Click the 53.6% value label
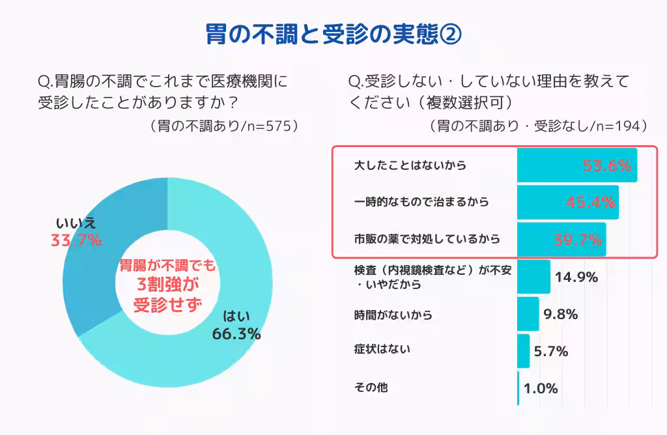click(x=607, y=165)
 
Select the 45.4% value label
click(x=590, y=202)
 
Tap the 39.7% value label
click(x=578, y=240)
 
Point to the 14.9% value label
click(x=576, y=277)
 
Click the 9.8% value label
click(x=561, y=315)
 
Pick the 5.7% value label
click(x=551, y=352)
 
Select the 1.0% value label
click(x=541, y=389)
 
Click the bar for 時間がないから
click(x=528, y=314)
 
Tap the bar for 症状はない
click(x=524, y=351)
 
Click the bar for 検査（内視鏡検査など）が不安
click(x=533, y=277)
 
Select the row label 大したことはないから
click(x=410, y=165)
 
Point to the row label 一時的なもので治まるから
click(x=421, y=203)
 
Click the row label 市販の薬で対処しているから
click(x=427, y=240)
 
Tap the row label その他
click(x=371, y=387)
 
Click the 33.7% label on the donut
click(x=76, y=240)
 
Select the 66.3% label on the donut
click(x=236, y=334)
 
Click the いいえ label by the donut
click(x=76, y=222)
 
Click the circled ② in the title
click(x=450, y=35)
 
